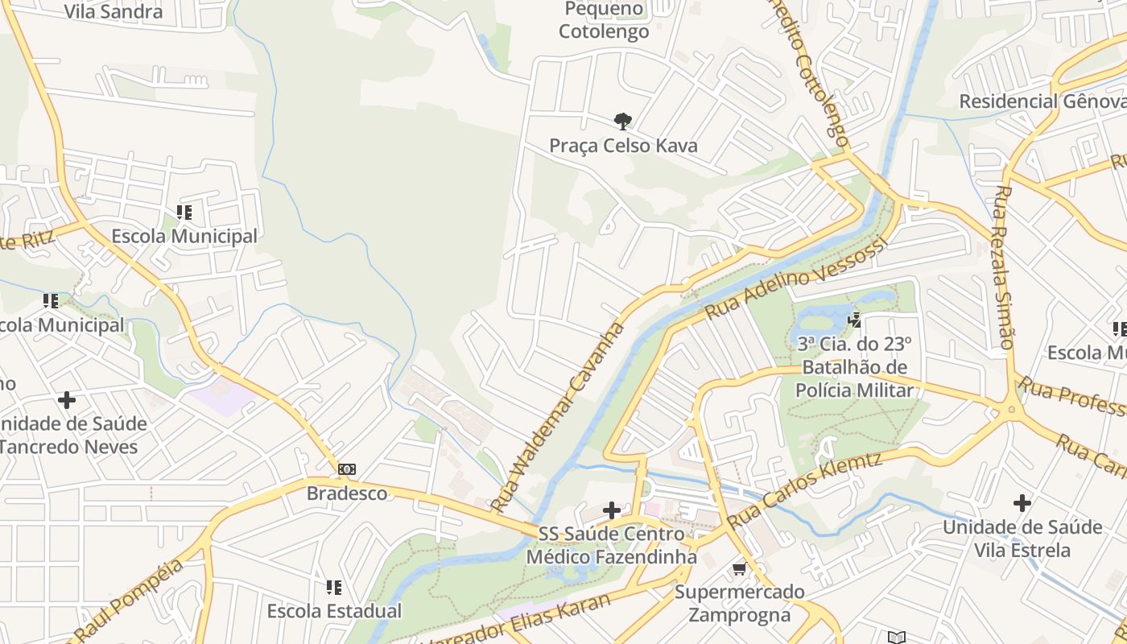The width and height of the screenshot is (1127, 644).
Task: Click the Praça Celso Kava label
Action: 623,146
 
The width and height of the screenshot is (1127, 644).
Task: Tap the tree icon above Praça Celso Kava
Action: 622,122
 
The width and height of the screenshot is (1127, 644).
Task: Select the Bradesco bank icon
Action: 347,469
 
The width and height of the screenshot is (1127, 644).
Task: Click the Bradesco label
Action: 347,493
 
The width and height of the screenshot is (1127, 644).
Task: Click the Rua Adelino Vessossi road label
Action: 795,279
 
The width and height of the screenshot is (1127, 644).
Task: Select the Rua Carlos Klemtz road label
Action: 804,490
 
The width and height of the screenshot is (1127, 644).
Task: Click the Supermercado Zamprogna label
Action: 740,604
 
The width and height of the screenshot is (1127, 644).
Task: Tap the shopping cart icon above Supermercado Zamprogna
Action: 739,569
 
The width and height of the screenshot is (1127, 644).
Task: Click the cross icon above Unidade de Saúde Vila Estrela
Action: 1022,504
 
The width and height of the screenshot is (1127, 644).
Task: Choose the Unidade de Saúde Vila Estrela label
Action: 1022,539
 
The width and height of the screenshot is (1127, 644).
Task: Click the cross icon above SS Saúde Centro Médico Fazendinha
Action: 612,510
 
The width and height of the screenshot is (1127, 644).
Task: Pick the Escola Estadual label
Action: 334,611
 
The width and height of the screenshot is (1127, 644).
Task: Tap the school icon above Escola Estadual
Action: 334,588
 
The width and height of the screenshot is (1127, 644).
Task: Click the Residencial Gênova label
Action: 1042,101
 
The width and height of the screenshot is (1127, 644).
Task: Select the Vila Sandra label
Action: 114,11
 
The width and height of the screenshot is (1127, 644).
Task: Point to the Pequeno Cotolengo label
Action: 604,21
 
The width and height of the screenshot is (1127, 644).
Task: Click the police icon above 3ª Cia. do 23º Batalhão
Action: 854,320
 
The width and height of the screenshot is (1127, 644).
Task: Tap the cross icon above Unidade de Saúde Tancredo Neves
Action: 67,400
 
